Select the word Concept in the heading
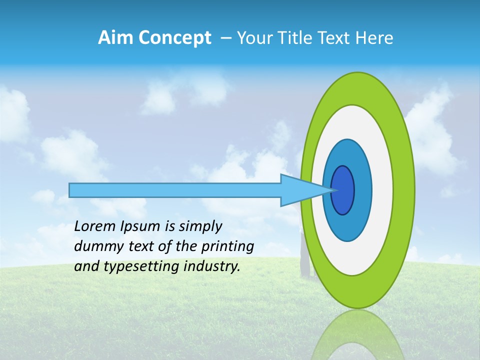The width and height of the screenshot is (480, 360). click(174, 38)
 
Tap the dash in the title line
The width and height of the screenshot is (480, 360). click(225, 38)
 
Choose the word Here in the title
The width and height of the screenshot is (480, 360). click(375, 38)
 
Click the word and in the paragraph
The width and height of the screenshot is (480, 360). click(86, 266)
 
